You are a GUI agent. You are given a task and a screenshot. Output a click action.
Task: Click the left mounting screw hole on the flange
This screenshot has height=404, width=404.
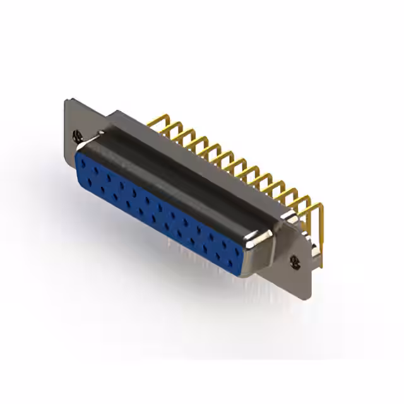coord(77,134)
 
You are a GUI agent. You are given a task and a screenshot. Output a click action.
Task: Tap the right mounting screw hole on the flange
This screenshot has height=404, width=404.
coord(294,259)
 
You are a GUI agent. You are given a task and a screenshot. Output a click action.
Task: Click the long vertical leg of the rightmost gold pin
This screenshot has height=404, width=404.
coord(320,234)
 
